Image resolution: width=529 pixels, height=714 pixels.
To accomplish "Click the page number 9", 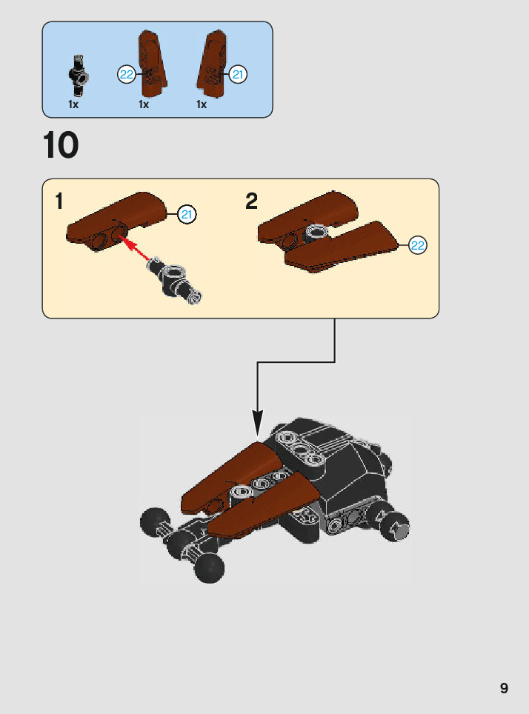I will coord(504,688).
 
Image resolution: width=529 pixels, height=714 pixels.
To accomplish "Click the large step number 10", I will coord(61,146).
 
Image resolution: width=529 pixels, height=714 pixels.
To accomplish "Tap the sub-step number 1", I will coord(59,201).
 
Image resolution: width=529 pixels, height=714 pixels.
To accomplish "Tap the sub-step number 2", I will coord(252,201).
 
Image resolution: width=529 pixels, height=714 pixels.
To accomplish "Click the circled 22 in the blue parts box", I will coord(127,74).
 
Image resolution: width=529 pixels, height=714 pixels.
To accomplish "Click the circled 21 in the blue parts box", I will coord(237,74).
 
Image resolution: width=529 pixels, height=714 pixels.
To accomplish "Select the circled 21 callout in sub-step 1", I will coord(187,215).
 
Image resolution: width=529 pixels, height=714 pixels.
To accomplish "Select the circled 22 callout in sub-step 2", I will coord(418,246).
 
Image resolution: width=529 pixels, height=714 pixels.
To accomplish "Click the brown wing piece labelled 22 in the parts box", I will coord(152,67).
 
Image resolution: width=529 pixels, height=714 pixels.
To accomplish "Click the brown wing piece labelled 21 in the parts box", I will coord(213,67).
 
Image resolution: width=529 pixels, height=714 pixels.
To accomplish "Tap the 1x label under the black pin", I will coord(73,104).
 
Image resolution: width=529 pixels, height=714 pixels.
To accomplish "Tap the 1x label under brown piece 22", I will coord(144,104).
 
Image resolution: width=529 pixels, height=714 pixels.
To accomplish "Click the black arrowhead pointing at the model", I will coord(257,426).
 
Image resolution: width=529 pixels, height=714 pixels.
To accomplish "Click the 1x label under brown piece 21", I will coord(202,104).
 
